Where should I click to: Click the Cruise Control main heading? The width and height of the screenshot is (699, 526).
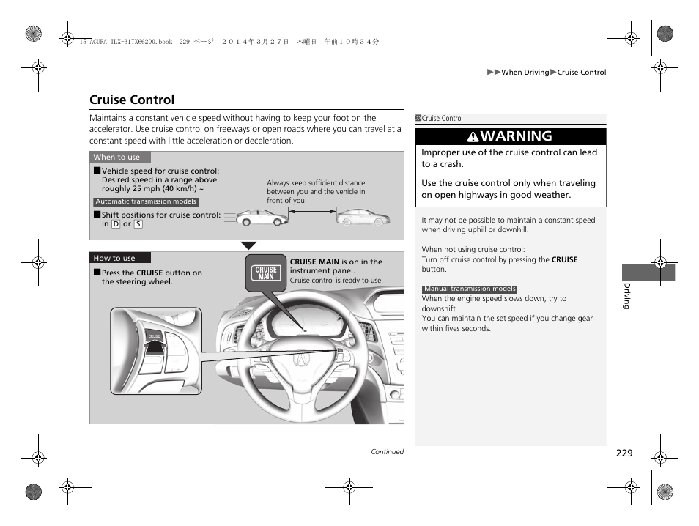[132, 100]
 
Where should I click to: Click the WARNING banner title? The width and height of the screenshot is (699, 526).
[517, 136]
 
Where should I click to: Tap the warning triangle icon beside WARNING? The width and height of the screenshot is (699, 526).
[475, 136]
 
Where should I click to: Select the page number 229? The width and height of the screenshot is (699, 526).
[624, 453]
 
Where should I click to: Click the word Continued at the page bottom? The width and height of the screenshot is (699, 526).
[387, 452]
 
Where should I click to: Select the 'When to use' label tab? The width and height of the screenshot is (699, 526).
[117, 157]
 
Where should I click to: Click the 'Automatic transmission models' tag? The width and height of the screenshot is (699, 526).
[146, 202]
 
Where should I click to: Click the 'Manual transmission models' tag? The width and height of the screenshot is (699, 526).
[470, 289]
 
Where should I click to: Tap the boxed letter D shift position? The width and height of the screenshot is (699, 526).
[116, 224]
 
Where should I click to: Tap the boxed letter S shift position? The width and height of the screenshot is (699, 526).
[138, 224]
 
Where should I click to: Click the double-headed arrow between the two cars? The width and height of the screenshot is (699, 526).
[311, 212]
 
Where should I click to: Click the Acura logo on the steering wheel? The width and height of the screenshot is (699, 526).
[301, 359]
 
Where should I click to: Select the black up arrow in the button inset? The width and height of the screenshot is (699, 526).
[154, 347]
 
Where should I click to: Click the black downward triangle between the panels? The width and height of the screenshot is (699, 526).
[248, 245]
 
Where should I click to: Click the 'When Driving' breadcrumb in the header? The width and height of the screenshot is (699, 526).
[525, 73]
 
